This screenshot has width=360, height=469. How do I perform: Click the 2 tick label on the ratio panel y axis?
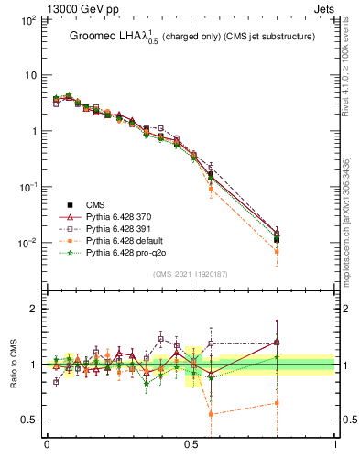31,309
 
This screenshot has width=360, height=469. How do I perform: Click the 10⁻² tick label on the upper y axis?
27,243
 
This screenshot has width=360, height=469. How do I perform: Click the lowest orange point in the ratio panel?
211,414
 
